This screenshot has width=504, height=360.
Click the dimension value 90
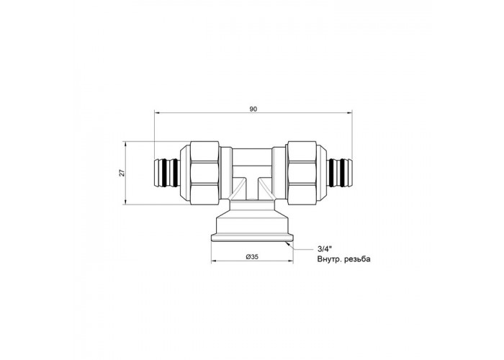click(x=253, y=109)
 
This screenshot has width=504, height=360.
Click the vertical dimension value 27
click(x=122, y=173)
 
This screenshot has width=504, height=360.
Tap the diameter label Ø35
click(x=252, y=256)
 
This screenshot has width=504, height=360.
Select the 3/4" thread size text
click(x=324, y=249)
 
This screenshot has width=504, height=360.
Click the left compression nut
click(x=204, y=173)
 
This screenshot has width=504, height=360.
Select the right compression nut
click(x=302, y=173)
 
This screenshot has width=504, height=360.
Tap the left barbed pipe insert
click(x=166, y=173)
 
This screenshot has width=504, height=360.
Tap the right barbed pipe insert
click(x=340, y=173)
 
